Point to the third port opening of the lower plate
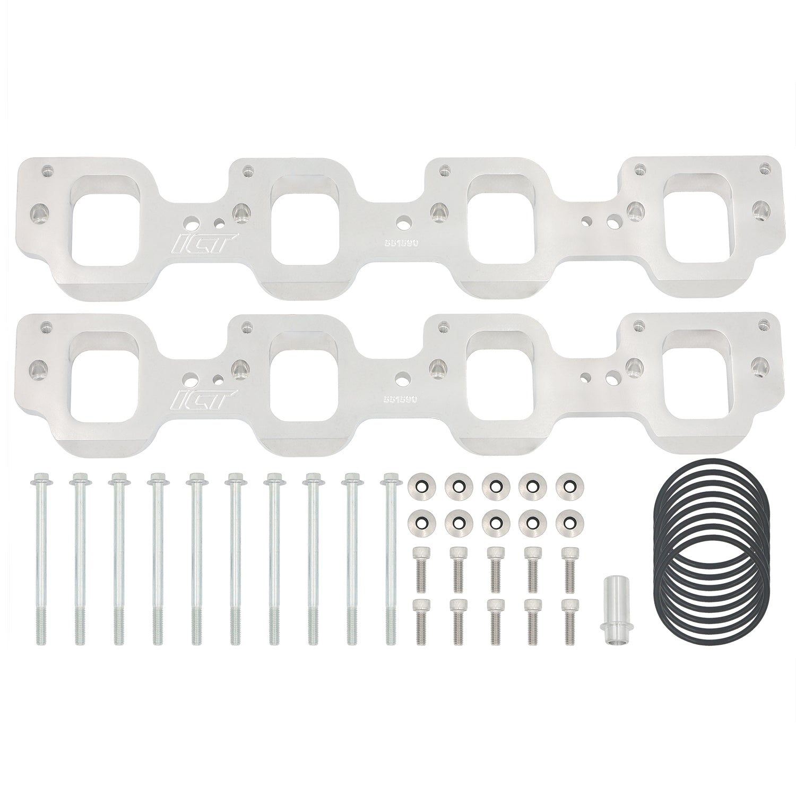499,371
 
